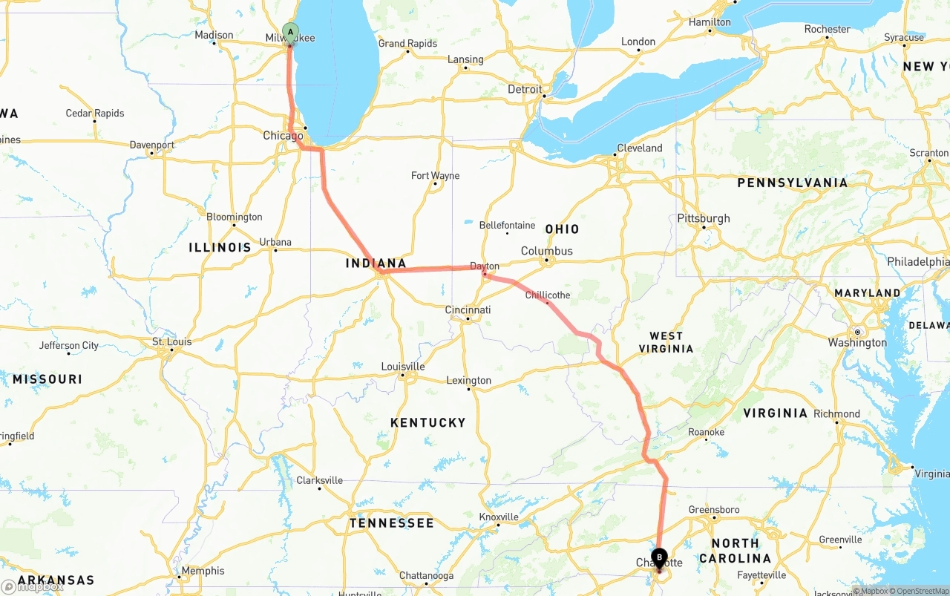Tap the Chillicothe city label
(x=548, y=295)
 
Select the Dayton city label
(x=485, y=266)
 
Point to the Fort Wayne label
(x=435, y=176)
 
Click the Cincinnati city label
(x=468, y=310)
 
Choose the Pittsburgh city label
(x=703, y=218)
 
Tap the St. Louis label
(x=171, y=341)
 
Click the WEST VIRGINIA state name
(x=666, y=342)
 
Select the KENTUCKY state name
(x=427, y=422)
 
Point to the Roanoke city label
(x=706, y=432)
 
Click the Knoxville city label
(x=499, y=517)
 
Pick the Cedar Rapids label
(x=95, y=114)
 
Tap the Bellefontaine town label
(x=507, y=225)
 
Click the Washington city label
(x=857, y=342)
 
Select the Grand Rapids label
(x=407, y=44)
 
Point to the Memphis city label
(x=202, y=571)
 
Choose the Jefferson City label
(x=68, y=345)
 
